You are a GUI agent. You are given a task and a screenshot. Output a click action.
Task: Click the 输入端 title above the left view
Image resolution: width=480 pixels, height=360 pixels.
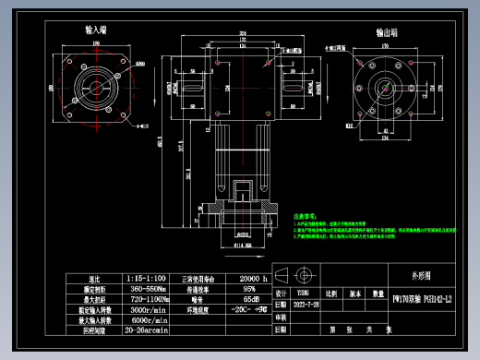(93, 30)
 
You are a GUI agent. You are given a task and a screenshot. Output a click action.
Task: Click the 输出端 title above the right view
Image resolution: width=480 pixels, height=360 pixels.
(386, 32)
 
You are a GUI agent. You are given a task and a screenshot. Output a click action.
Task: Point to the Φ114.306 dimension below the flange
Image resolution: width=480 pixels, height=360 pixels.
(241, 246)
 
